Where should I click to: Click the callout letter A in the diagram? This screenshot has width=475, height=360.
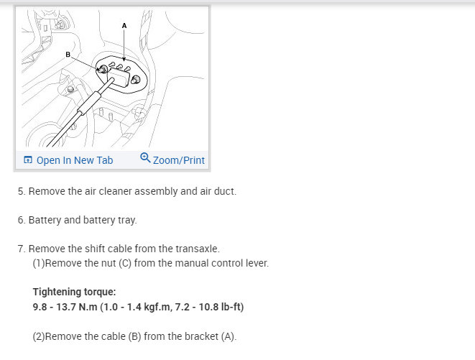click(124, 25)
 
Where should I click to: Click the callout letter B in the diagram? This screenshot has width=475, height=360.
click(68, 54)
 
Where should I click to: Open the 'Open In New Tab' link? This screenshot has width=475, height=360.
click(74, 160)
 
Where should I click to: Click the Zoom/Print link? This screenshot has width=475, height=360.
click(178, 160)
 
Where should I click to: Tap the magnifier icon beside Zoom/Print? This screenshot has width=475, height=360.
click(145, 159)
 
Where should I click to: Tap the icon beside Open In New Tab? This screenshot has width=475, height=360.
click(27, 160)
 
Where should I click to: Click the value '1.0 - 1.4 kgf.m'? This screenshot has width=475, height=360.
click(137, 307)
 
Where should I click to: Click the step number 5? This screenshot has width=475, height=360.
click(21, 192)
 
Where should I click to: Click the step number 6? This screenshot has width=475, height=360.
click(21, 220)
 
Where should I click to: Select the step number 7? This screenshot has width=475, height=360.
click(21, 249)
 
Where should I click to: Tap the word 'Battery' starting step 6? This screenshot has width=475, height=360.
click(44, 220)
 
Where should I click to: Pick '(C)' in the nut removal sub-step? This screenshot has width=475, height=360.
click(112, 263)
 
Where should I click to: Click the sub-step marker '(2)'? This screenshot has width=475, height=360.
click(39, 336)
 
